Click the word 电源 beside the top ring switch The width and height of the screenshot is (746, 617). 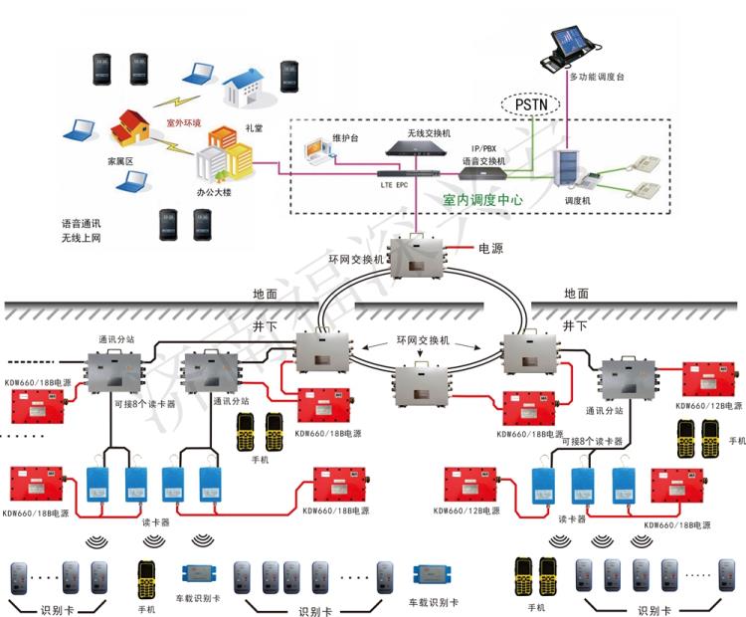point(491,248)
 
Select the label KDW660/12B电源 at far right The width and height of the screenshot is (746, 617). point(707,406)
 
